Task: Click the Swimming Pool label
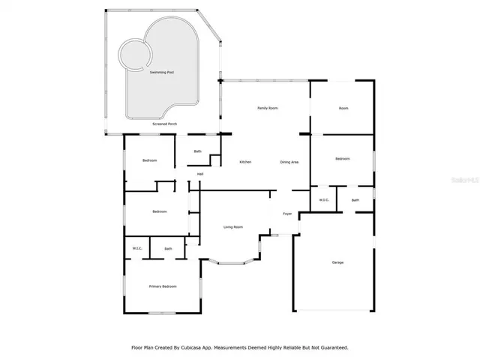[161, 73]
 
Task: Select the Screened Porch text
[165, 123]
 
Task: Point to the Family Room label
[268, 109]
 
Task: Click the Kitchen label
[245, 163]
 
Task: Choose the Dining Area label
[289, 163]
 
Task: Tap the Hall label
[200, 175]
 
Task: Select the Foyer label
[287, 214]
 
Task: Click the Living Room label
[233, 227]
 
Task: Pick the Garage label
[337, 262]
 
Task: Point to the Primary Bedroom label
[163, 286]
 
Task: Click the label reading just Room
[343, 109]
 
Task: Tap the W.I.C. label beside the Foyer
[324, 200]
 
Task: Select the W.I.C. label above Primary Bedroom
[137, 249]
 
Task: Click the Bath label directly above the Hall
[198, 151]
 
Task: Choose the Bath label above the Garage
[355, 200]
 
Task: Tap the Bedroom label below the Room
[343, 159]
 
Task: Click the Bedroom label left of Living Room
[159, 211]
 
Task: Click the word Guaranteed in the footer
[331, 348]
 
